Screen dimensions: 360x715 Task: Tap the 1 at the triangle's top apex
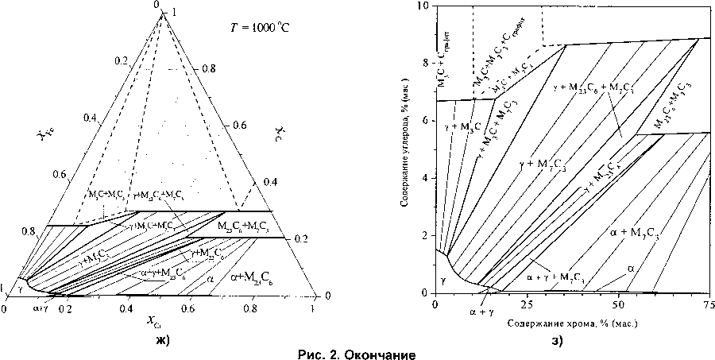coord(174,13)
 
